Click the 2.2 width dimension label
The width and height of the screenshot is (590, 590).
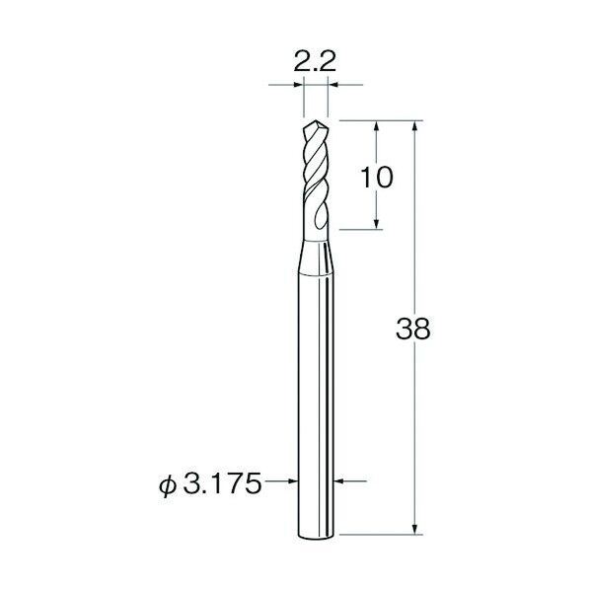coord(314,61)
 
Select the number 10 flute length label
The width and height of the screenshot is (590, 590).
coord(376,178)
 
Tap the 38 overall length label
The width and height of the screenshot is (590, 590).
coord(412,329)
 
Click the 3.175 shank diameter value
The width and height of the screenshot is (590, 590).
coord(222,483)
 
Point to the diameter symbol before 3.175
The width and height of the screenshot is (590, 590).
coord(168,485)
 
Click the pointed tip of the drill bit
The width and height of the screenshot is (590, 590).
coord(316,120)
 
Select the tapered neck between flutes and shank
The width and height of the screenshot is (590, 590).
coord(316,258)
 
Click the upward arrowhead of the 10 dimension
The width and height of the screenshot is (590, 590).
coord(376,125)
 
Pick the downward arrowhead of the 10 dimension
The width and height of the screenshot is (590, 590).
coord(376,224)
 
